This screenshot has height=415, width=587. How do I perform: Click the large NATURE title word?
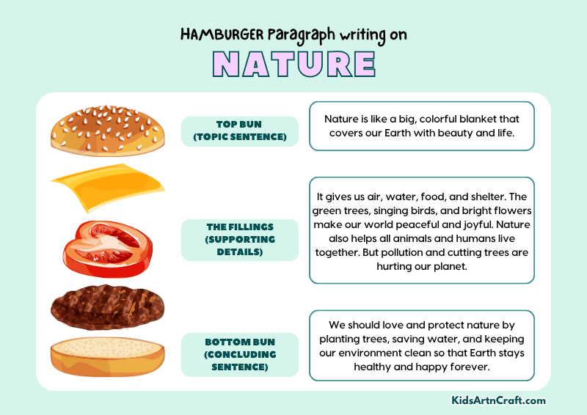click(x=293, y=63)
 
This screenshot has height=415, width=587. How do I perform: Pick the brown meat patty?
click(x=106, y=305)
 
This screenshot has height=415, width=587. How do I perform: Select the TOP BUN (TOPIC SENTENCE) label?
click(x=240, y=131)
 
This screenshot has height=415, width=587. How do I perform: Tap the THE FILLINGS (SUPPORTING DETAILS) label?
click(x=240, y=240)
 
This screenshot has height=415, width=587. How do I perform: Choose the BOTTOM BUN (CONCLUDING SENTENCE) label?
click(x=240, y=354)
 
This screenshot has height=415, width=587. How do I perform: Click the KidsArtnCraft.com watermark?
click(x=498, y=400)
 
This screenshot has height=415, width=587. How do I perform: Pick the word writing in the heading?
click(x=365, y=34)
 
